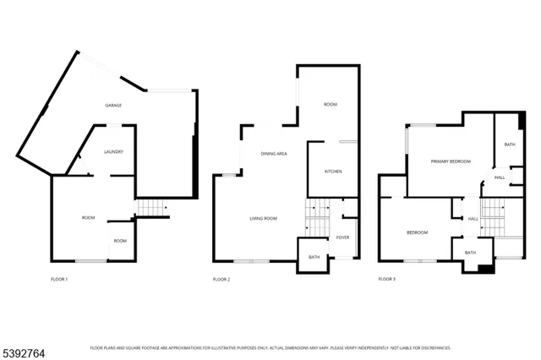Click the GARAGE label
pos(113,106)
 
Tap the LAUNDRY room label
pos(114,152)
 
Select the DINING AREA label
pos(274,154)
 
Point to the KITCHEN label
pos(334,172)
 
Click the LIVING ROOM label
pos(264,219)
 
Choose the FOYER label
pos(342,237)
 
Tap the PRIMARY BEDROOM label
pos(450,161)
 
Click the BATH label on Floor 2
pos(314,257)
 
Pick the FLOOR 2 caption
pos(221,279)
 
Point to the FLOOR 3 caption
pos(386,279)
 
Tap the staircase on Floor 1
pos(149,208)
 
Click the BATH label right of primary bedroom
pos(510,145)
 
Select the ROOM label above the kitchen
pos(331,105)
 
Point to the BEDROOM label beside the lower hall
pos(418,232)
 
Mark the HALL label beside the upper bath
pos(500,177)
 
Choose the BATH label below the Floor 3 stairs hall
pos(470,253)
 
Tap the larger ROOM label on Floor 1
pos(88,218)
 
